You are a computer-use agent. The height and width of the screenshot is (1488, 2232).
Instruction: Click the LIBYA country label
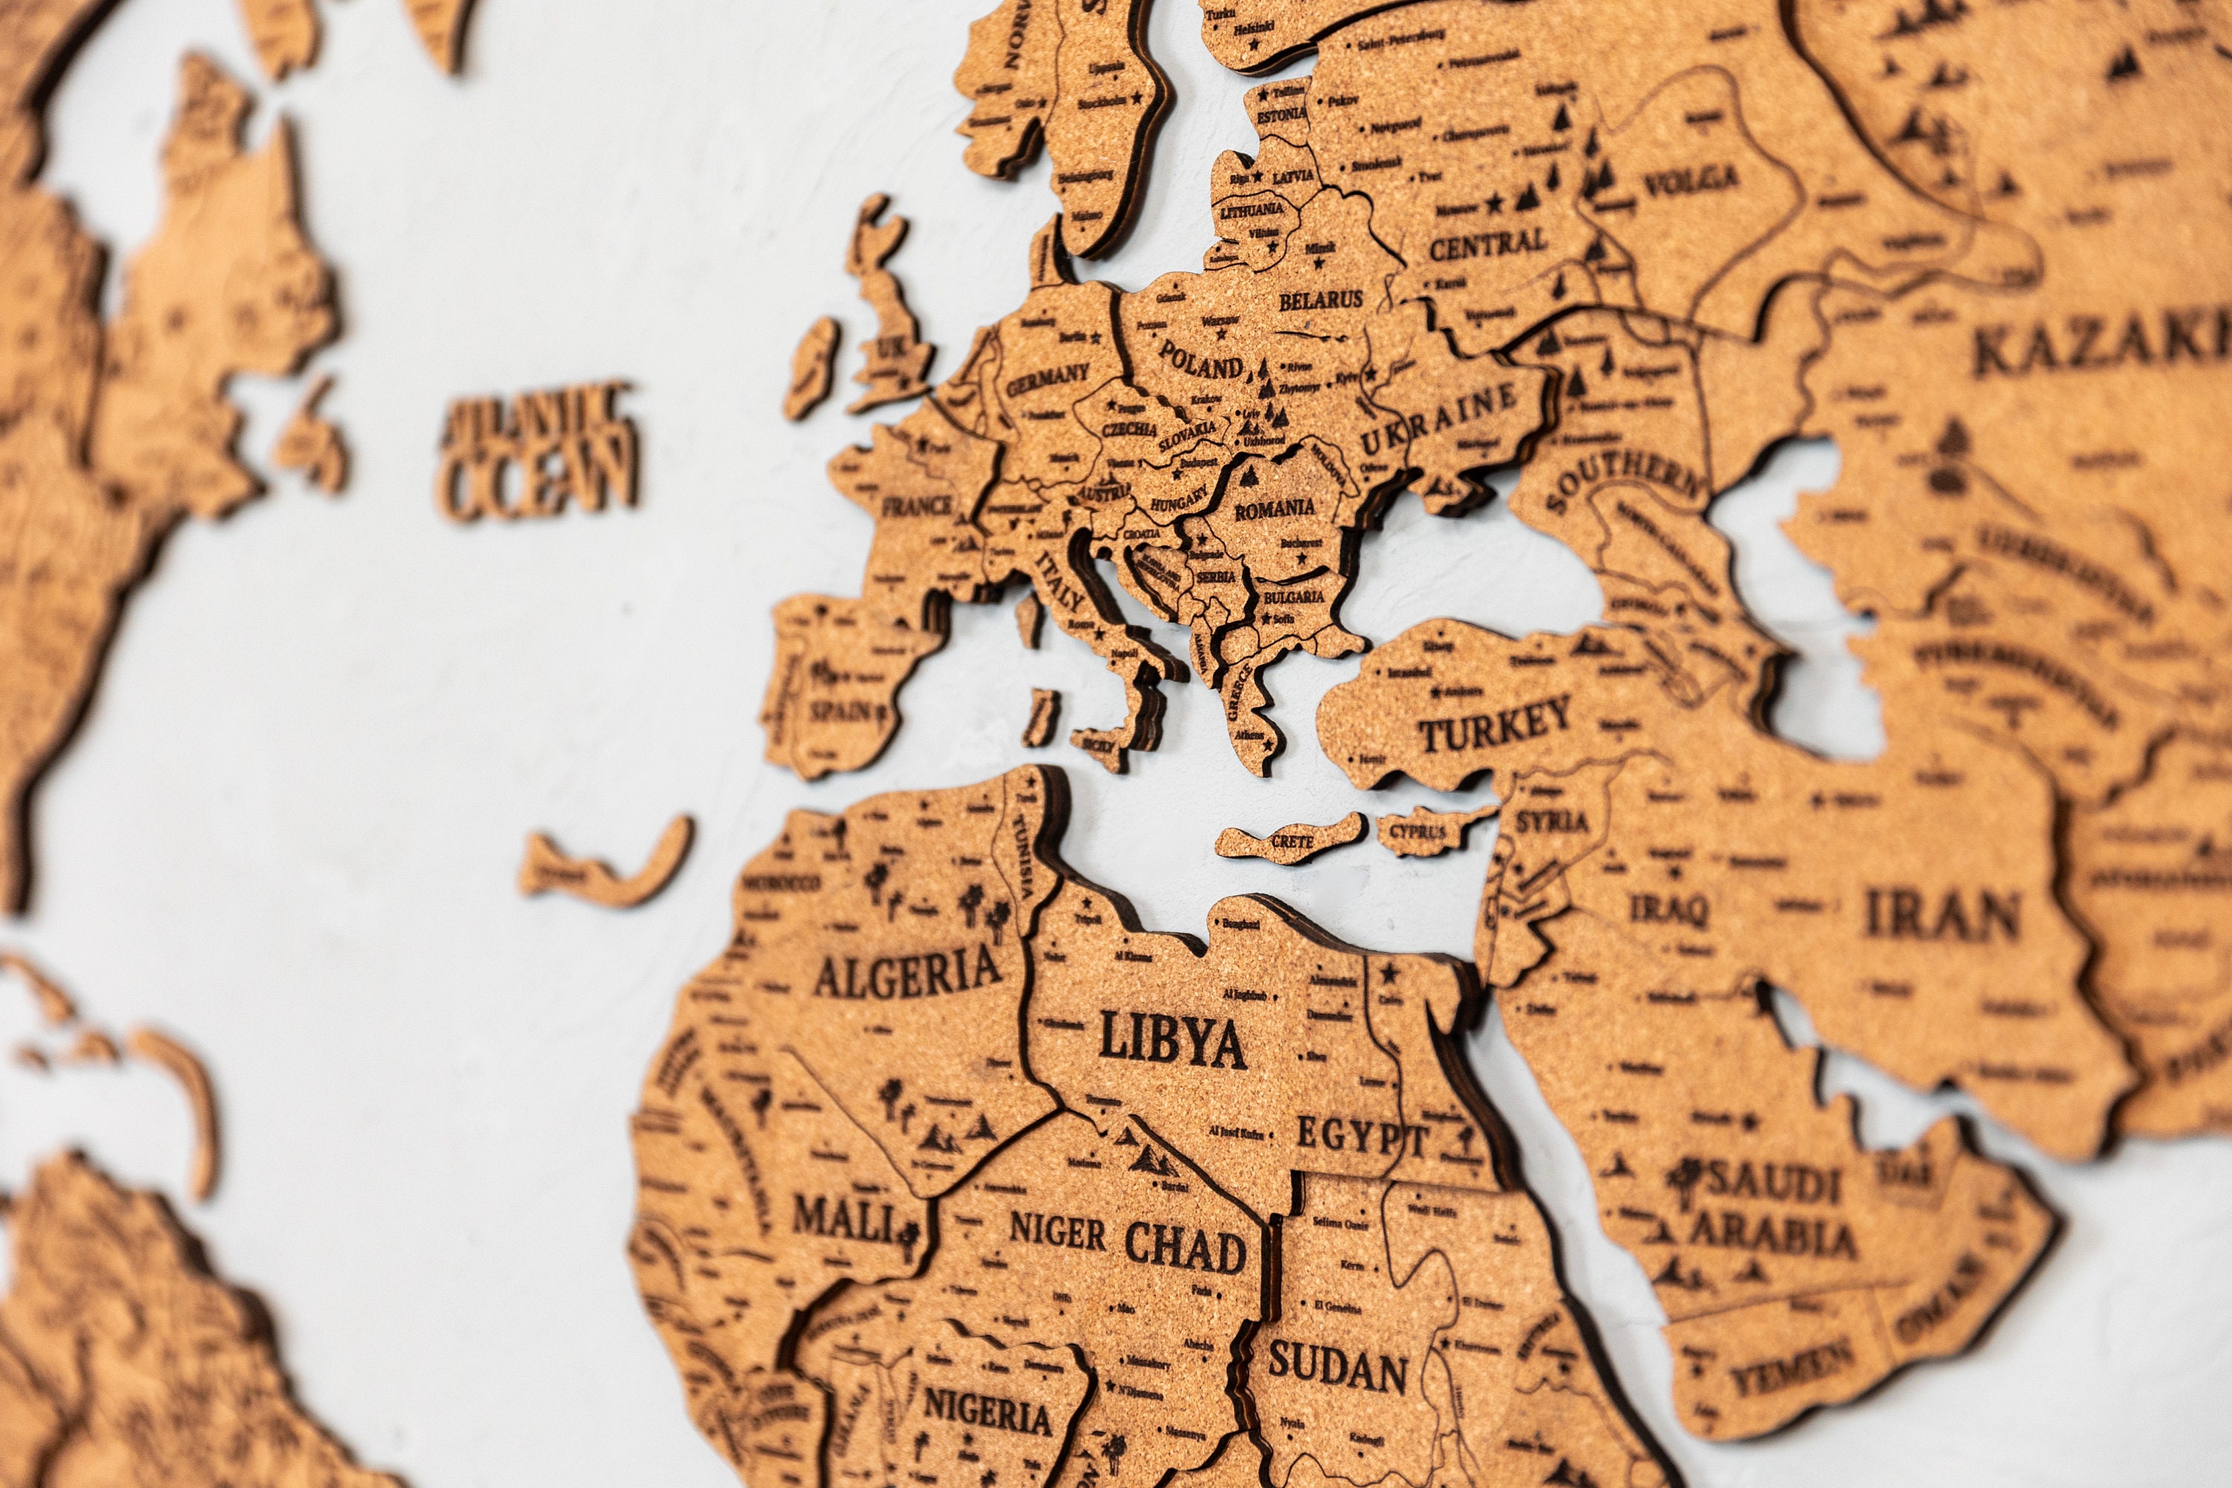(1172, 1040)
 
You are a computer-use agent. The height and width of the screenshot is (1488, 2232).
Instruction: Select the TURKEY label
(1495, 725)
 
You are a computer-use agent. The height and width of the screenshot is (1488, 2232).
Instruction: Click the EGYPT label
(1362, 1136)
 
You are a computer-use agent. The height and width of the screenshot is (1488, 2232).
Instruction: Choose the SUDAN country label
(1337, 1367)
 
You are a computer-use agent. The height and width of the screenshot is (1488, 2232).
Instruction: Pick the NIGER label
(1057, 1233)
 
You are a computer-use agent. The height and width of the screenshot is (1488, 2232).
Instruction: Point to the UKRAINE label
(1440, 420)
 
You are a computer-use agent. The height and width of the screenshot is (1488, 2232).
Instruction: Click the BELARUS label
(1320, 301)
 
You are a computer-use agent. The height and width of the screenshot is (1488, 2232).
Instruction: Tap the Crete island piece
(1291, 840)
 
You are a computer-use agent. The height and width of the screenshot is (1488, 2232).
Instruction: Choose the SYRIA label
(1551, 821)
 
